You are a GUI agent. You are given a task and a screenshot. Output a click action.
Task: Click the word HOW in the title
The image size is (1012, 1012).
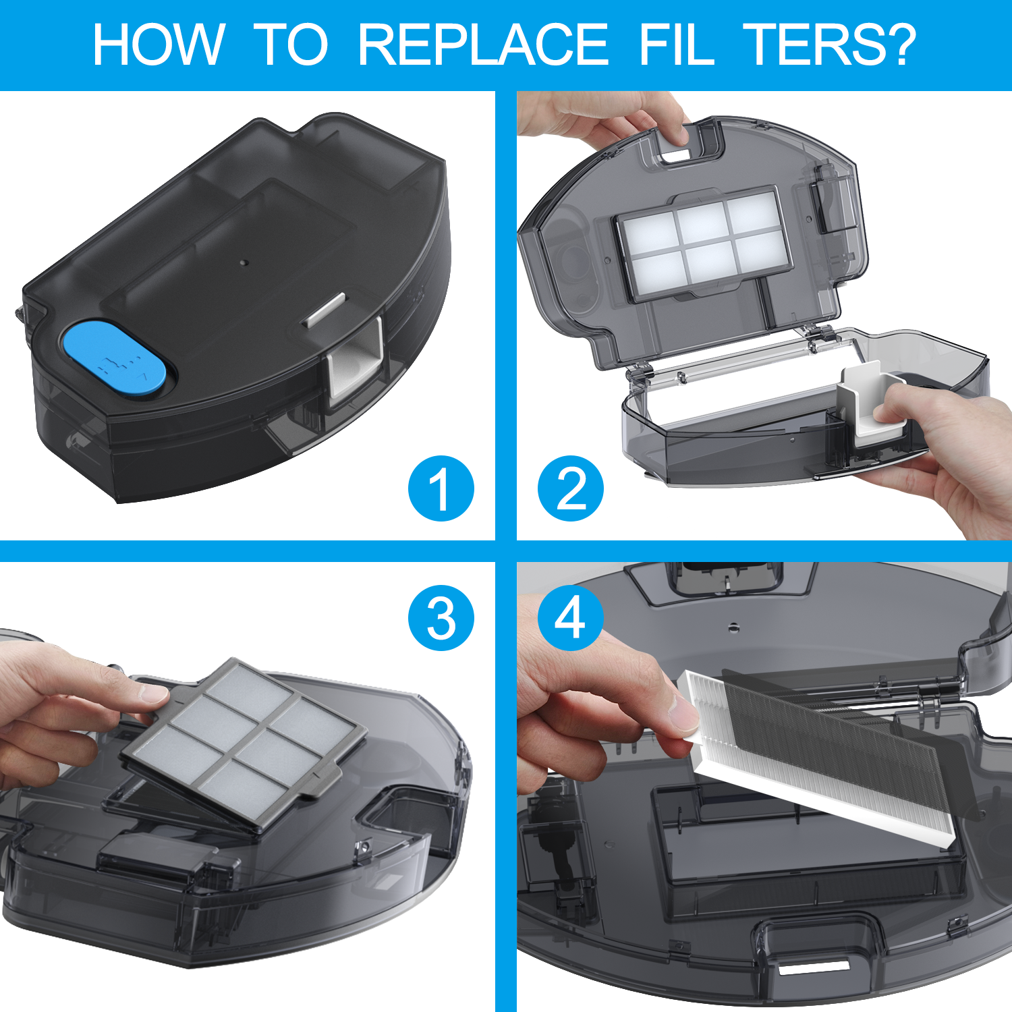158,45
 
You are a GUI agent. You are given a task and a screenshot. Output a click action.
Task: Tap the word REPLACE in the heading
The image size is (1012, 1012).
483,45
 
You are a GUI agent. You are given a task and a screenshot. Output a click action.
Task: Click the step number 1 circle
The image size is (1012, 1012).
441,488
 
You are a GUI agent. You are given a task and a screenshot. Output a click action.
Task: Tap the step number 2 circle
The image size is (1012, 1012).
571,488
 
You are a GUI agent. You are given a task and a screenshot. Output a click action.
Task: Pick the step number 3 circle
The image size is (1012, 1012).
441,618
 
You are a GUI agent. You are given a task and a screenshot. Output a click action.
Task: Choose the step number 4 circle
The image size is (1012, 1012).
571,618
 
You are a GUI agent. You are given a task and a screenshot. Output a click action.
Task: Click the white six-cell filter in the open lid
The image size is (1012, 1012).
702,242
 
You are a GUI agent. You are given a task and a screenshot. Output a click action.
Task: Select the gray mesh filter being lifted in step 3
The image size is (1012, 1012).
244,745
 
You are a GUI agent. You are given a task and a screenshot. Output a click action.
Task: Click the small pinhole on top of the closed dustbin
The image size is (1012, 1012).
245,260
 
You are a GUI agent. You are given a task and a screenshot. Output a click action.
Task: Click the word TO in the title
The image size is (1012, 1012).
291,45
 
